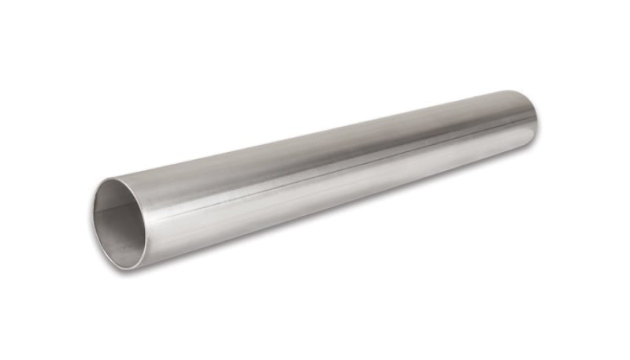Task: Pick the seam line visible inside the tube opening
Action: [106, 208]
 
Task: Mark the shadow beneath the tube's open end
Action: [157, 272]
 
